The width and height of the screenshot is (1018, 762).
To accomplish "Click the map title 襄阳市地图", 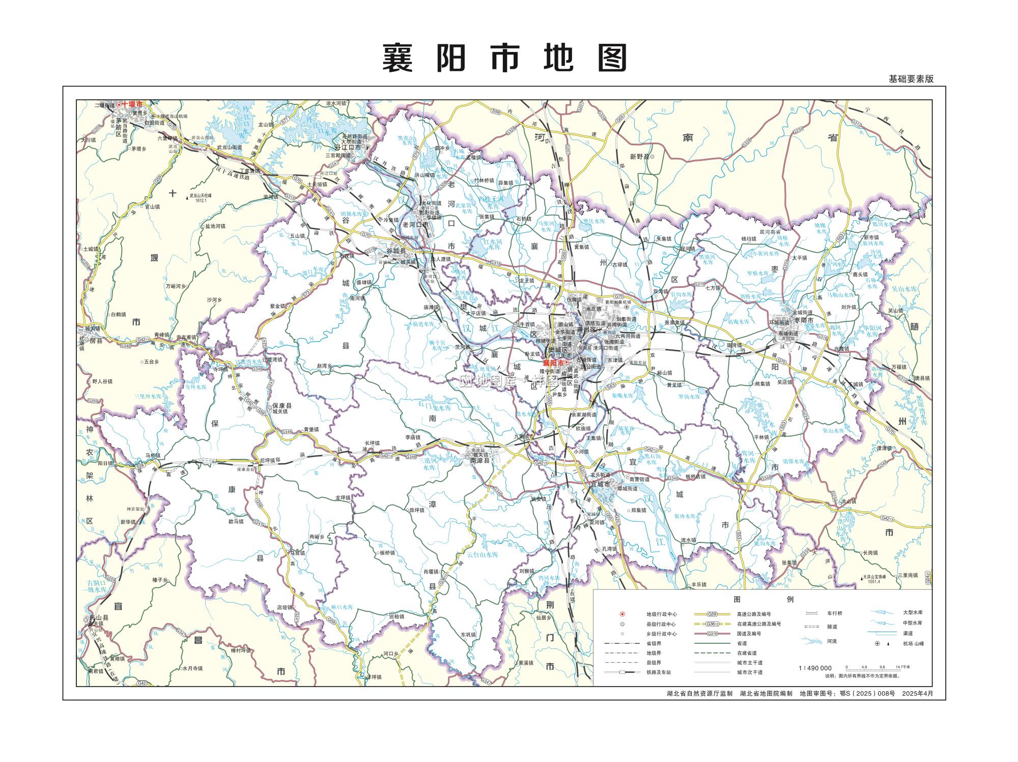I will coord(504,58).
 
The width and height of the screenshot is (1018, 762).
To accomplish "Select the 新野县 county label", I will coord(639,157).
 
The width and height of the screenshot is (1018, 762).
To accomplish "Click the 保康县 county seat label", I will coord(281,405).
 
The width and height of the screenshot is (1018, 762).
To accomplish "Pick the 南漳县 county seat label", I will coord(479,460).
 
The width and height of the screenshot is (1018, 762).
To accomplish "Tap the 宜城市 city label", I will coord(600,484).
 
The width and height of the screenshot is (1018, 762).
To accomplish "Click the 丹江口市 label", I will coord(351,148).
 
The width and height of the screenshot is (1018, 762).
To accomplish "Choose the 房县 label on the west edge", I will coord(96,340).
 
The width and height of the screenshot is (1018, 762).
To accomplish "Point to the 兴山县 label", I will coord(99,617).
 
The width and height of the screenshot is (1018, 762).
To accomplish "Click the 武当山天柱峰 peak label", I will coord(200,195).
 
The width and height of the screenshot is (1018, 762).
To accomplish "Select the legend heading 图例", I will coord(762,600).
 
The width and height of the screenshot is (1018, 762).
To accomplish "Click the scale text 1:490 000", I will coord(815,668).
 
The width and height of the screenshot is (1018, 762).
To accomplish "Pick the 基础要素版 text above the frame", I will coord(911,79).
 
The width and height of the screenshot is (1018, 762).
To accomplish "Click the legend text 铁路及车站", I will coord(659,672).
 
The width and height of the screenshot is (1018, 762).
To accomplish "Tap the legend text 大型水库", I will coord(912,613).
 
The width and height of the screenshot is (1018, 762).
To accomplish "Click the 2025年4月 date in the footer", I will coord(917,693).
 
